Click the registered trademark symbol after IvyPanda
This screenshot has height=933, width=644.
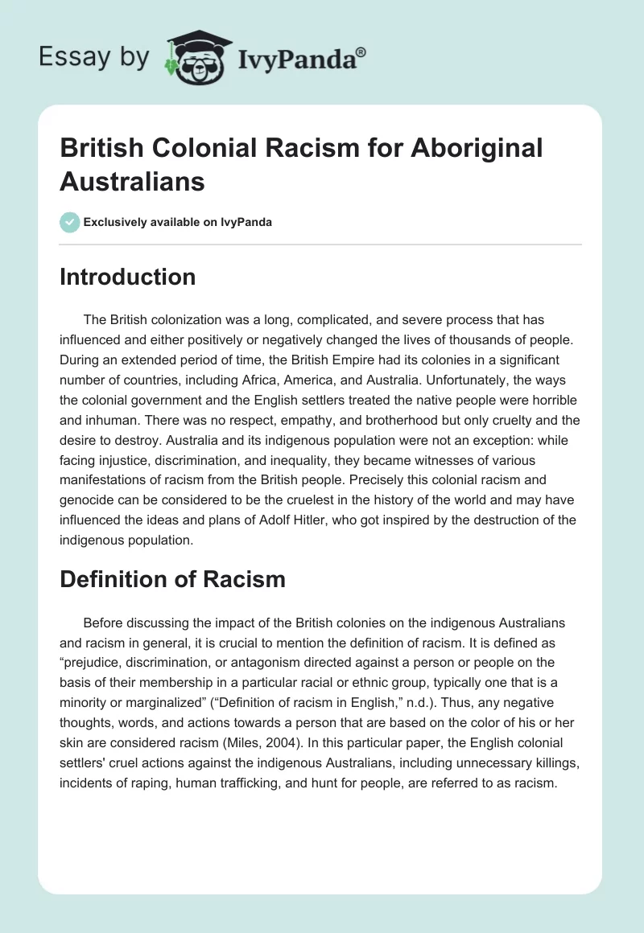[x=361, y=52]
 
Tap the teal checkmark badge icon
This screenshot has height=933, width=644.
[x=70, y=222]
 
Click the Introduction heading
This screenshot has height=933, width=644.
[x=127, y=277]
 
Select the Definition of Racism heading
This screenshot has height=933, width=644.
[x=172, y=578]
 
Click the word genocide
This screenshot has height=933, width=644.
[x=86, y=499]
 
